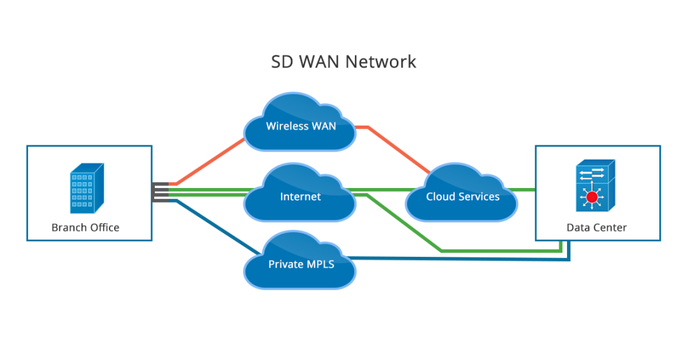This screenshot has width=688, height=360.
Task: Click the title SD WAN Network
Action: [x=343, y=62]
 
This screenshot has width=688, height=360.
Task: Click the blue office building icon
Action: [x=86, y=188]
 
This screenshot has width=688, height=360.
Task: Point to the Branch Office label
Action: [x=85, y=227]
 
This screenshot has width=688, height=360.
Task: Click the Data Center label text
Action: [x=596, y=227]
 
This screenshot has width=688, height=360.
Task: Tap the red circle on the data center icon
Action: [x=592, y=198]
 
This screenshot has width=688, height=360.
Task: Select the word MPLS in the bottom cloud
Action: [x=319, y=264]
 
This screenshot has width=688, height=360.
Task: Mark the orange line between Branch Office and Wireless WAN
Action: [x=210, y=161]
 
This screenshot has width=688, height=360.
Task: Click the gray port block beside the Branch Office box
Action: [x=160, y=192]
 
